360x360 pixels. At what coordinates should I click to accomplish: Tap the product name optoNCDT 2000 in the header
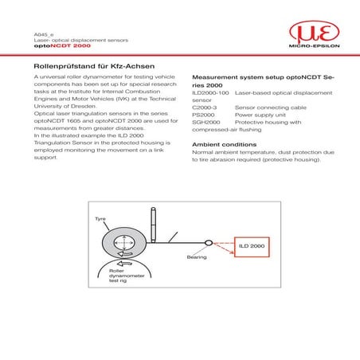coord(56,46)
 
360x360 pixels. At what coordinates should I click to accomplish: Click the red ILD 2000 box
coord(252,248)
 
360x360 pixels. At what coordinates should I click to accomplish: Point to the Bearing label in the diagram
coord(197,257)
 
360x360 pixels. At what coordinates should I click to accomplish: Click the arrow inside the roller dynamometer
coord(124,264)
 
